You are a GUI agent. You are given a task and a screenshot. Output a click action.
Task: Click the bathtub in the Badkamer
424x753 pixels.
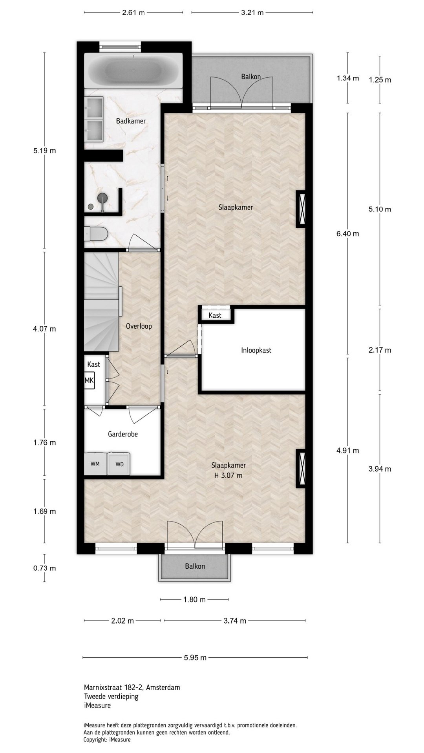point(133,71)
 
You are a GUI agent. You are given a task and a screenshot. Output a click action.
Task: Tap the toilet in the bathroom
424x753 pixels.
point(96,234)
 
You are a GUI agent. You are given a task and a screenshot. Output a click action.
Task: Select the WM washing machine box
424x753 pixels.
point(95,464)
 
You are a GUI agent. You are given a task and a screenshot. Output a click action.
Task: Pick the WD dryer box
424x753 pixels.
point(119,464)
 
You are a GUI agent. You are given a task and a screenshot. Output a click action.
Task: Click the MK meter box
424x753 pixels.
point(90,380)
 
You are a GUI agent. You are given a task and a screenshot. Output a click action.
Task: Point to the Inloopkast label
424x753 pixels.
point(256,350)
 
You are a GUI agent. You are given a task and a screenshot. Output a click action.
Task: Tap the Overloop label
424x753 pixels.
point(139,326)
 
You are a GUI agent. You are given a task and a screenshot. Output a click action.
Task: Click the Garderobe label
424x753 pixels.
point(123,434)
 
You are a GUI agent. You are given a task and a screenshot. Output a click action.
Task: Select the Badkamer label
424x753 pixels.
point(131,121)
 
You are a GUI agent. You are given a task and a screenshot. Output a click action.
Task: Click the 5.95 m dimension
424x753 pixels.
point(195,658)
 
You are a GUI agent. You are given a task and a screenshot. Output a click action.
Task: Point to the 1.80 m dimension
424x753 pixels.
point(194,600)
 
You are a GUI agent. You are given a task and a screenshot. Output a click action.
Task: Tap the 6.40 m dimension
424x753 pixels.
point(348,234)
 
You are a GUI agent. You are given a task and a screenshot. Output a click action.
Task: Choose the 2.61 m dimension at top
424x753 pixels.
point(133,13)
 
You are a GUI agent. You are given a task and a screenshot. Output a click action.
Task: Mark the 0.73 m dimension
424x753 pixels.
point(44,568)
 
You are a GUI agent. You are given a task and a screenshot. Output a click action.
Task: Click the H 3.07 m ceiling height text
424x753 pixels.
point(228,476)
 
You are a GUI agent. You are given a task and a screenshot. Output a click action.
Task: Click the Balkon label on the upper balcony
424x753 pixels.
point(251,77)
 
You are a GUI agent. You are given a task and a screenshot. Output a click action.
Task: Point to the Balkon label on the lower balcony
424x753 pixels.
point(195,566)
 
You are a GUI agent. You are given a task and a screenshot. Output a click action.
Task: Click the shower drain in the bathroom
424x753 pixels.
point(91,206)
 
